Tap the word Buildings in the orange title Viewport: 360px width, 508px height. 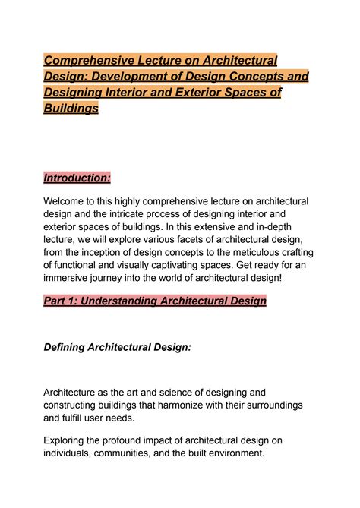point(71,109)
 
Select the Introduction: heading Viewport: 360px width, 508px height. point(77,178)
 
